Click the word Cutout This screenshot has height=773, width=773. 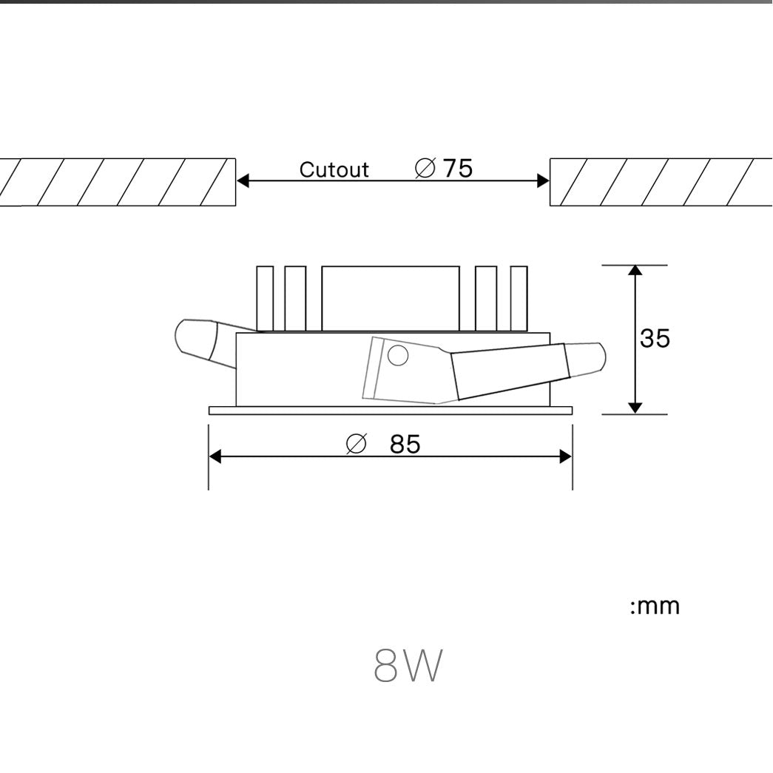pos(334,170)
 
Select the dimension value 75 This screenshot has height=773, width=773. pos(457,169)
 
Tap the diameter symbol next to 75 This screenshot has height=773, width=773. pos(425,169)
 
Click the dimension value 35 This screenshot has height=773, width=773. pos(655,338)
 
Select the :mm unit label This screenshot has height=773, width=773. pos(654,607)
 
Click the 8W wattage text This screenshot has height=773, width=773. pos(408,666)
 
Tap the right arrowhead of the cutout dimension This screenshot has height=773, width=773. pos(544,180)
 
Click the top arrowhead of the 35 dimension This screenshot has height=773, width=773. pos(635,270)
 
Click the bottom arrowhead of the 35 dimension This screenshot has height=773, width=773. pos(635,408)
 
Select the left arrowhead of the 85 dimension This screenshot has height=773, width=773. pos(215,456)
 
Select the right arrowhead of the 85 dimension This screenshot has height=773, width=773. pos(566,456)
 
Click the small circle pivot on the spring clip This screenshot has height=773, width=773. pos(398,356)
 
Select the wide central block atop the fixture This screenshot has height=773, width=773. pos(391,297)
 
